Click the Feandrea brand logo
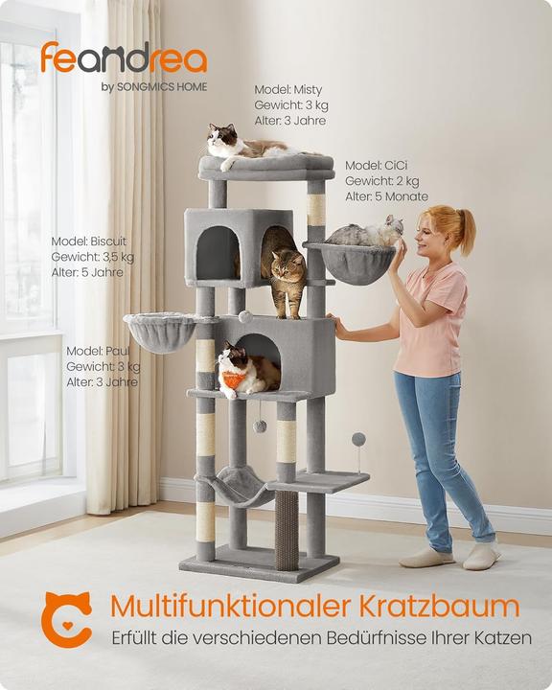coord(123,58)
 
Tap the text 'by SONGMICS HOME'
coord(153,87)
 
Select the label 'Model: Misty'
coord(288,89)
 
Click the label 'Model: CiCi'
coord(378,165)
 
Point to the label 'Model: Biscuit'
coord(89,241)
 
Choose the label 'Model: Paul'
coord(98,351)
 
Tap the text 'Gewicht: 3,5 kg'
coord(93,257)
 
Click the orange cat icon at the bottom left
coord(66,618)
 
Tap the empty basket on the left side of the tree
coord(159,332)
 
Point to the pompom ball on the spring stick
coord(358,439)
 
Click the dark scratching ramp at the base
coord(287,530)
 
